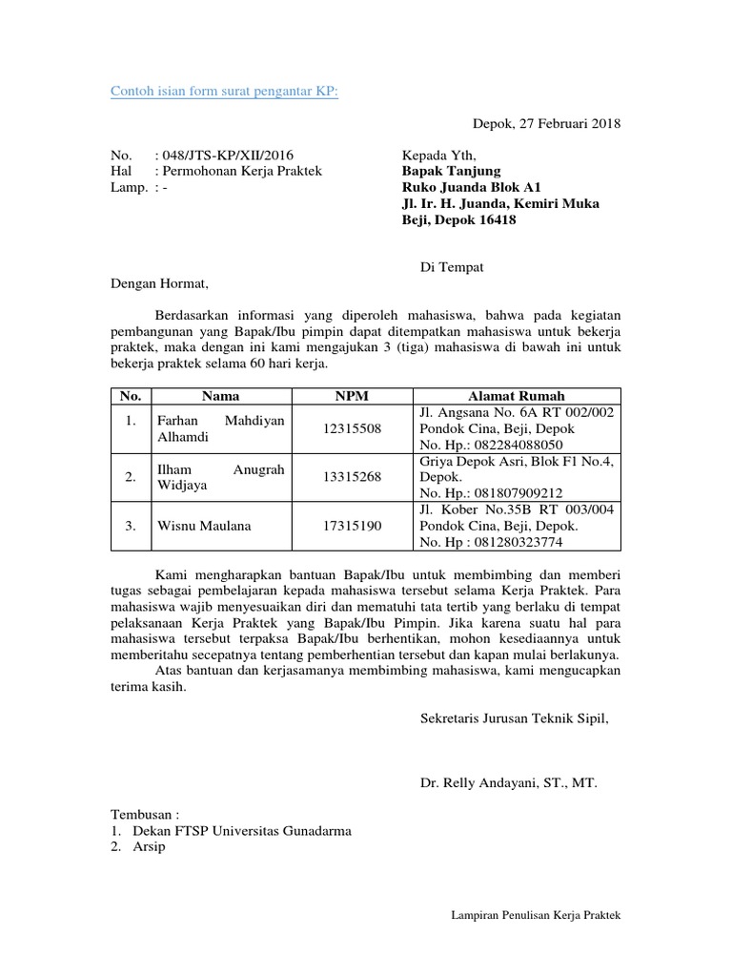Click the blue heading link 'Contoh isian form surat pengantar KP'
pyautogui.click(x=224, y=91)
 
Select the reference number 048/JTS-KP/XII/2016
pyautogui.click(x=215, y=155)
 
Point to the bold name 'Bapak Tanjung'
pyautogui.click(x=451, y=171)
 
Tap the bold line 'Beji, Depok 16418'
pyautogui.click(x=458, y=219)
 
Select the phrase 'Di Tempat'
pyautogui.click(x=452, y=267)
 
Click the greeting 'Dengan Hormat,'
pyautogui.click(x=157, y=283)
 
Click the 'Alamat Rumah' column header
pyautogui.click(x=516, y=396)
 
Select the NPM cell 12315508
pyautogui.click(x=351, y=429)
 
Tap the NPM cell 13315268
pyautogui.click(x=351, y=477)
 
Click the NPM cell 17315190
pyautogui.click(x=351, y=526)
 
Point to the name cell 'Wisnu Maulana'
pyautogui.click(x=197, y=526)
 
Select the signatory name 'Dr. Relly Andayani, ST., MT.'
pyautogui.click(x=508, y=783)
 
